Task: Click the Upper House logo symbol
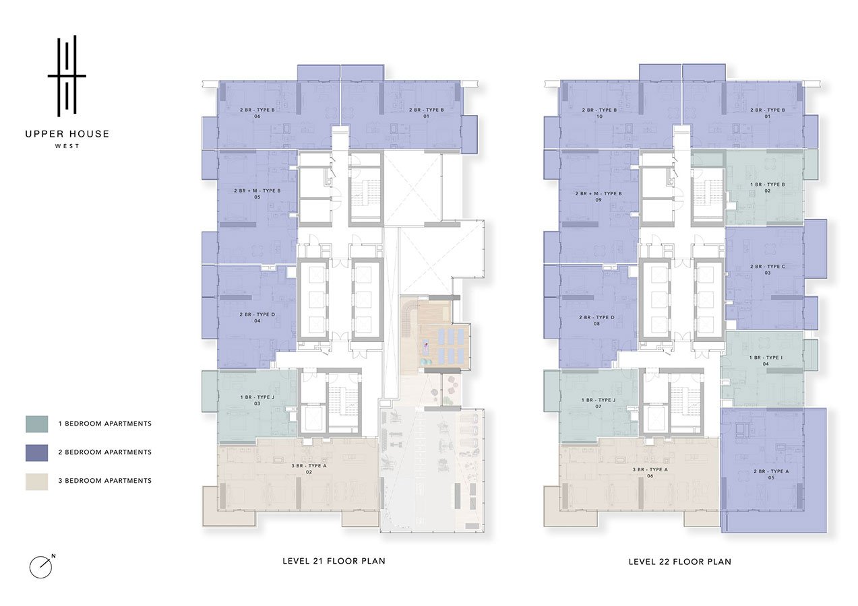pos(67,75)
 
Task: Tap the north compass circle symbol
pos(40,568)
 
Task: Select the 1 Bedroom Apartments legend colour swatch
pos(37,424)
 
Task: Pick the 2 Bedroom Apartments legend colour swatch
pos(37,452)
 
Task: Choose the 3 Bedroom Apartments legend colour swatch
pos(37,481)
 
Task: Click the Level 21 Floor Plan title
pos(334,562)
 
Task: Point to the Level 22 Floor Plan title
pos(680,562)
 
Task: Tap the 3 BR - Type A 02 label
pos(309,469)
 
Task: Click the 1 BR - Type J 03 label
pos(257,400)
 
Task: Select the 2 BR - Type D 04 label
pos(257,318)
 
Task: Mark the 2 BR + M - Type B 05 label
pos(257,194)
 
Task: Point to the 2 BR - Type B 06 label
pos(257,113)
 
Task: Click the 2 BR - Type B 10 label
pos(599,113)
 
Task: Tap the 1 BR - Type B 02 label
pos(767,187)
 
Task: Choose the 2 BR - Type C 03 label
pos(767,269)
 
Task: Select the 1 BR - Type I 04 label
pos(766,360)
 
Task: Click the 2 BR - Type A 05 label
pos(771,475)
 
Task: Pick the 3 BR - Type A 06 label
pos(650,473)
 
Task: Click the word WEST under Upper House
pos(67,146)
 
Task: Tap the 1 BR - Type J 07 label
pos(599,403)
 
